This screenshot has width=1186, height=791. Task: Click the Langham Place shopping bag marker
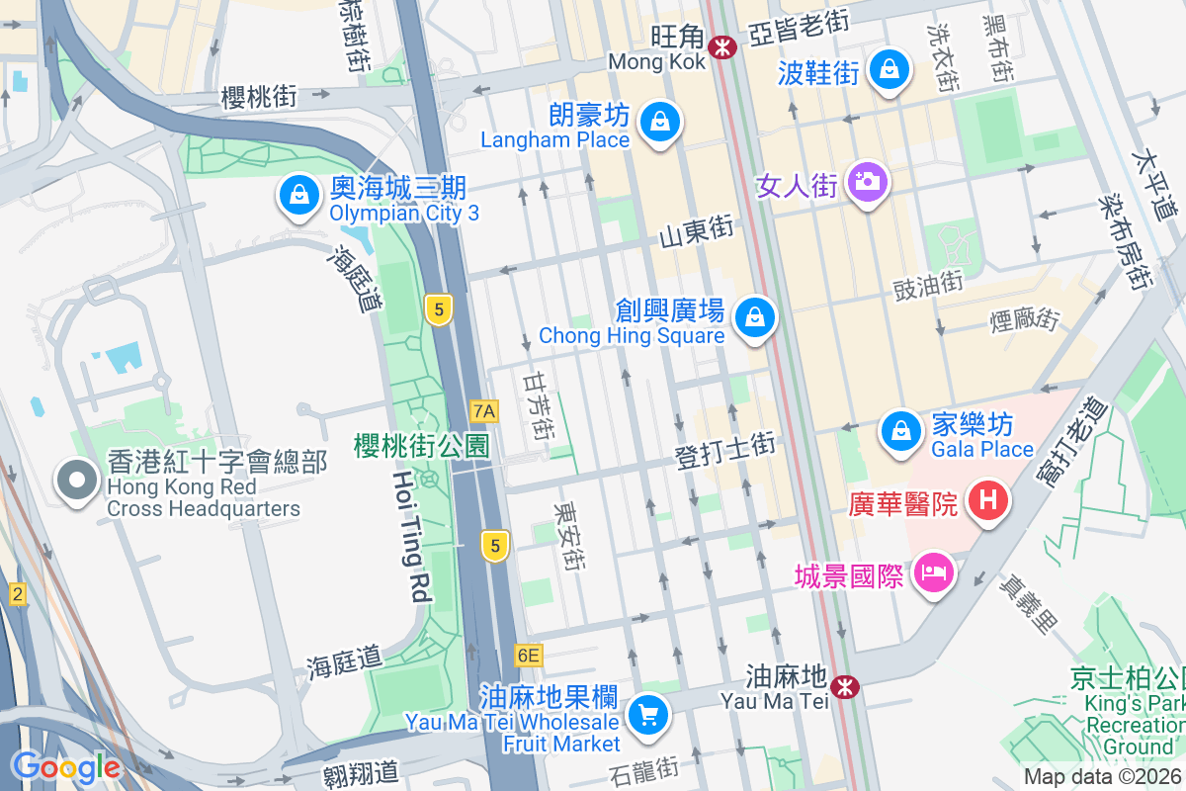[657, 123]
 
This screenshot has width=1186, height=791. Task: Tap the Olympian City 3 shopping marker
[297, 195]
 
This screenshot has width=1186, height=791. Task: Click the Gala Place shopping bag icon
[900, 432]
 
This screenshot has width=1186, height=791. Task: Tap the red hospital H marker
[987, 501]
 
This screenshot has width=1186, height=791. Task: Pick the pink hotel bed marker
[932, 572]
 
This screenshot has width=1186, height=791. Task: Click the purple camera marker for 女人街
[867, 182]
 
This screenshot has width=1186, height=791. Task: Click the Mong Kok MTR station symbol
[724, 45]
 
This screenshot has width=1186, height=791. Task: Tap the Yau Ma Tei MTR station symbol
[844, 685]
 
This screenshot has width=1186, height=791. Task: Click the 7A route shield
[484, 410]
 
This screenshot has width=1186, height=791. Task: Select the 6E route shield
[529, 655]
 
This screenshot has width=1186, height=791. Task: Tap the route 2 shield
[17, 594]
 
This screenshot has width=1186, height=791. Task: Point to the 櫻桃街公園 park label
[422, 446]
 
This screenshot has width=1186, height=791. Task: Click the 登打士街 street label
[724, 451]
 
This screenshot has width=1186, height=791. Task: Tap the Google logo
[66, 766]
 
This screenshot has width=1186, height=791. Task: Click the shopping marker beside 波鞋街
[889, 70]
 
